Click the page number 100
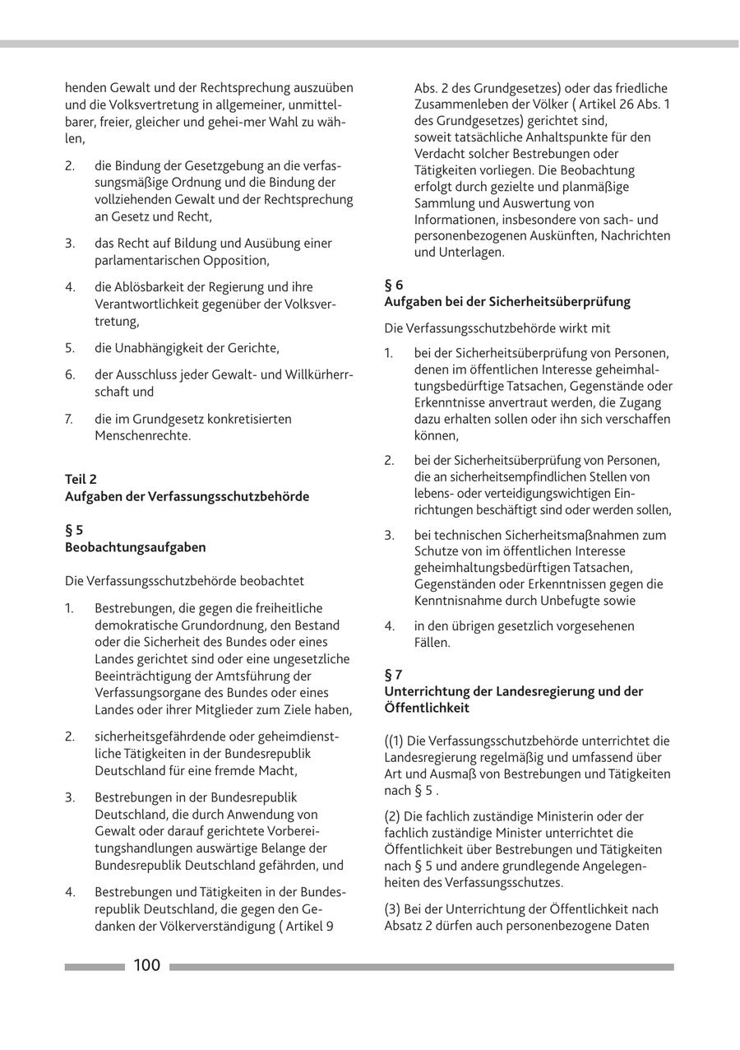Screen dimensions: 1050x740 147,965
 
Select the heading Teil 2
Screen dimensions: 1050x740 81,479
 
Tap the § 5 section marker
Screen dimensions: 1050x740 74,530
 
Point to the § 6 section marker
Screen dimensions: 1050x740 394,285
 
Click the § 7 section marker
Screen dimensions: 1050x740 394,675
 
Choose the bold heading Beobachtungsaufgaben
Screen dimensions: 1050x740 136,547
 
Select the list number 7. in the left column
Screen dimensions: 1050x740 70,419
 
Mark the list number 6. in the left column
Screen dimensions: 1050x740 70,374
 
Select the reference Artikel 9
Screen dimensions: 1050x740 310,926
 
